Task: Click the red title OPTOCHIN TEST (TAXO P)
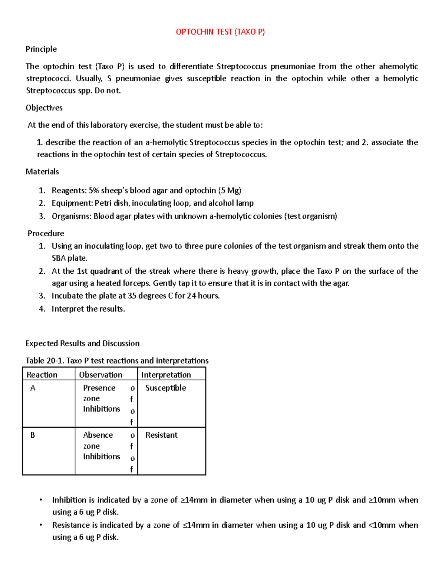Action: pos(220,32)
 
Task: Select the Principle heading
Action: pos(41,49)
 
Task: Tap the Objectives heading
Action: pos(44,108)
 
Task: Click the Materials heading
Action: pos(42,171)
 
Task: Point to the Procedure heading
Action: pos(46,233)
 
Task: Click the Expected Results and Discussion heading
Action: pos(82,343)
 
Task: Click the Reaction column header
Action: pos(42,375)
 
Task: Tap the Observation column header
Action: pos(100,375)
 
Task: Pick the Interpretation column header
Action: pos(166,375)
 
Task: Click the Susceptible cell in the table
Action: pos(165,388)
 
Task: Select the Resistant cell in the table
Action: pos(161,435)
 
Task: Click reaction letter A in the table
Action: pos(33,388)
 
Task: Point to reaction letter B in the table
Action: pos(33,435)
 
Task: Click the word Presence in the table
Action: pos(99,388)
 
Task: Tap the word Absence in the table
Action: pos(98,435)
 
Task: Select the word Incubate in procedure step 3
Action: pos(67,296)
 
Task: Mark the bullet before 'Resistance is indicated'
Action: pos(41,525)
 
